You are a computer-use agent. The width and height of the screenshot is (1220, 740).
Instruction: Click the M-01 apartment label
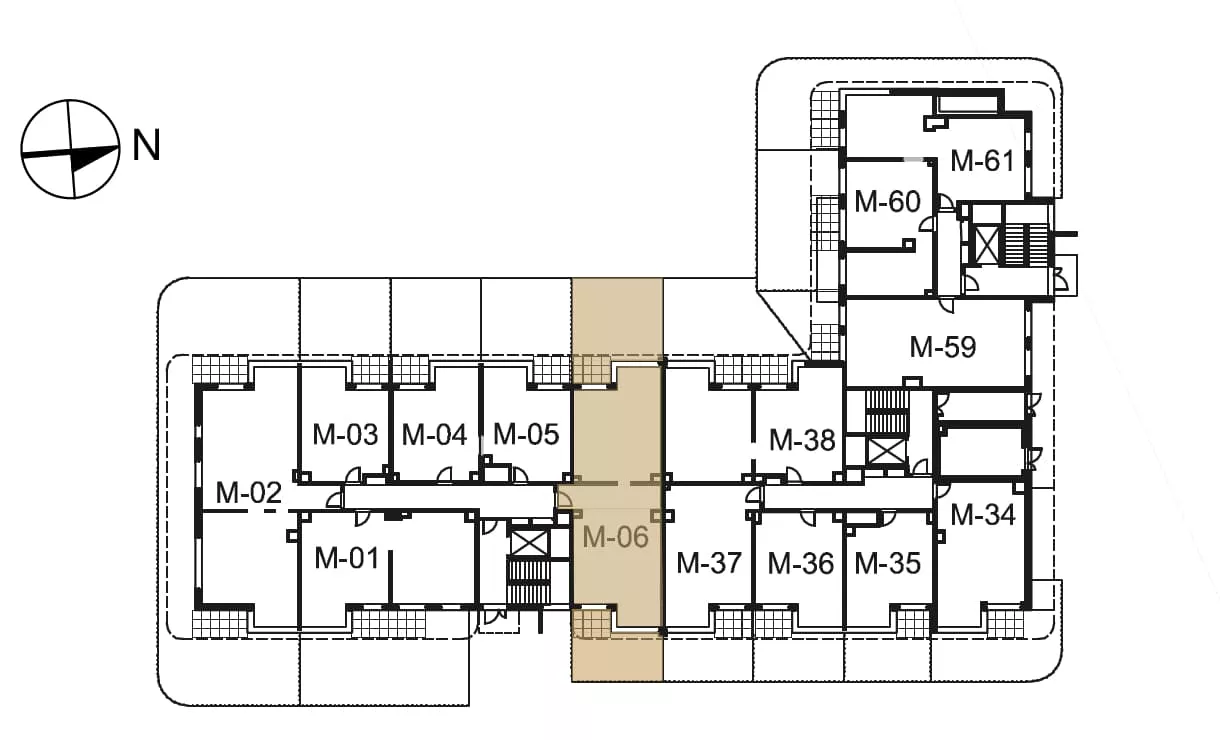click(x=346, y=558)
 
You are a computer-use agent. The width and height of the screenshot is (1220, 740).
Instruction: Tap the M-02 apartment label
click(x=248, y=492)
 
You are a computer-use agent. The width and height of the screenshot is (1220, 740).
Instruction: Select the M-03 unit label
click(x=345, y=435)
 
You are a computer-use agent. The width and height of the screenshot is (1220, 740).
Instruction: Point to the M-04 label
click(x=434, y=435)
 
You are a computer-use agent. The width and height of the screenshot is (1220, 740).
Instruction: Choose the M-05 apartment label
click(x=526, y=435)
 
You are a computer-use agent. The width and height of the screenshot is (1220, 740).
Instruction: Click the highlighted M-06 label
click(x=615, y=537)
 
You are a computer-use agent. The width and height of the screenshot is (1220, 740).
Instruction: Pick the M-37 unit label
click(x=709, y=563)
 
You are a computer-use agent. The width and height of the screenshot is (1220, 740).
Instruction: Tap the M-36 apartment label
click(x=801, y=563)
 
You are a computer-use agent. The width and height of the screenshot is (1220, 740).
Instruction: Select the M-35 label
click(x=888, y=563)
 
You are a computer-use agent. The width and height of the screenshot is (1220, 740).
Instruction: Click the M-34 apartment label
click(x=983, y=515)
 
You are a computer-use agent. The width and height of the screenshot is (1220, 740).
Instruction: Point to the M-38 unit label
click(x=802, y=440)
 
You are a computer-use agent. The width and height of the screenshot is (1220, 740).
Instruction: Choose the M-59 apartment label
click(x=943, y=347)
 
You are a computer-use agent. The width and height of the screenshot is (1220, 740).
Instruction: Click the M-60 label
click(x=887, y=201)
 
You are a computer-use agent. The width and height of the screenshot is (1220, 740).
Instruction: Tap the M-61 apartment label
click(x=983, y=161)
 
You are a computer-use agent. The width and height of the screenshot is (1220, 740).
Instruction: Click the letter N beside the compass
click(x=147, y=145)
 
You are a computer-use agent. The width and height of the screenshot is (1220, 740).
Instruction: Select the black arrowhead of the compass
click(x=93, y=157)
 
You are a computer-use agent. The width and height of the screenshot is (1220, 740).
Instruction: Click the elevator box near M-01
click(x=529, y=543)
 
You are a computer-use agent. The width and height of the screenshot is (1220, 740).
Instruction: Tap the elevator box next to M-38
click(x=887, y=451)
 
